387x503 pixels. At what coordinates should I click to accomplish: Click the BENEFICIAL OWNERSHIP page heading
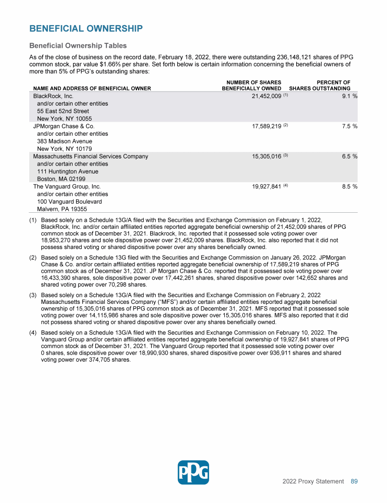(86, 29)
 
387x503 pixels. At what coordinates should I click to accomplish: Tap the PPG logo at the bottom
(193, 472)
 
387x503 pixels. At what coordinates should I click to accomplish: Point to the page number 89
(354, 481)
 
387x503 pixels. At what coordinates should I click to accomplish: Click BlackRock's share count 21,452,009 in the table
(266, 96)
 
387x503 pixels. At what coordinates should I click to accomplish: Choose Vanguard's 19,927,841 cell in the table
(266, 187)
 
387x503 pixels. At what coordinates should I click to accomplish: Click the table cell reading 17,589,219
(266, 126)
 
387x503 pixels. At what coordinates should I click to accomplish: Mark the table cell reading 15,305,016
(266, 156)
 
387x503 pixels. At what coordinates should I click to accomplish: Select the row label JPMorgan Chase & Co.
(63, 126)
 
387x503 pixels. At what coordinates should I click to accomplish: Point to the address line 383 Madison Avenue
(64, 141)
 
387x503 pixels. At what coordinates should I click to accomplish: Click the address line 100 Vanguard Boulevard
(70, 202)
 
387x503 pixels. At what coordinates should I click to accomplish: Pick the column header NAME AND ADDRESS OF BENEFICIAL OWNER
(92, 89)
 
